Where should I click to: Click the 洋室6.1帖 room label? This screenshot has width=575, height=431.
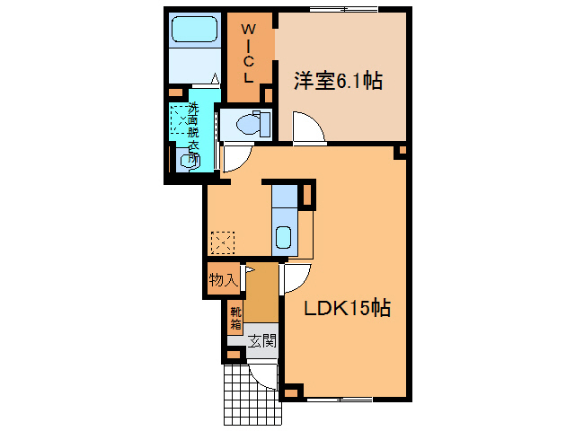(x=338, y=82)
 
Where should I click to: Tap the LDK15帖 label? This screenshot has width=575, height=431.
(x=345, y=308)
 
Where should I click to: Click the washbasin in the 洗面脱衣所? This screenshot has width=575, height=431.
(x=189, y=161)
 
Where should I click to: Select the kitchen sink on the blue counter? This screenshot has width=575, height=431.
(x=283, y=238)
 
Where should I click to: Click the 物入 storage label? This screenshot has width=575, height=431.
(x=223, y=280)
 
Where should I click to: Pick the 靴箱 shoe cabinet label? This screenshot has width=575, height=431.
(x=235, y=318)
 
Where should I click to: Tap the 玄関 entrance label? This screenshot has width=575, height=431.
(x=262, y=341)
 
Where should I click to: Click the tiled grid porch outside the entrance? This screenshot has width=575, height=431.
(x=247, y=395)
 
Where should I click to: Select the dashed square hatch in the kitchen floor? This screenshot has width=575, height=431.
(x=222, y=242)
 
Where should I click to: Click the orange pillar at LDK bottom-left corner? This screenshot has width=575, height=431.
(x=291, y=392)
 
